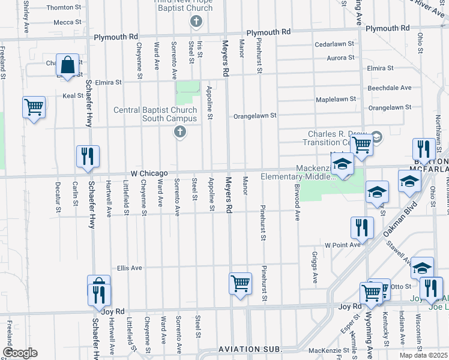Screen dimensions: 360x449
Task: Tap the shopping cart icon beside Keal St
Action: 34,107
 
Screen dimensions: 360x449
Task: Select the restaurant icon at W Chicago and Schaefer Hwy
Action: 88,156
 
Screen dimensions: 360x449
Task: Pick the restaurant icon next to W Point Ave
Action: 363,227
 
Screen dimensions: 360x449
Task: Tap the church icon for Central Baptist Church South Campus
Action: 179,131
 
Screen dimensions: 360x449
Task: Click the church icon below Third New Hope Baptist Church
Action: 195,22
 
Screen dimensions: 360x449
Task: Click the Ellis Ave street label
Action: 129,268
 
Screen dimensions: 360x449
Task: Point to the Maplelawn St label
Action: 336,98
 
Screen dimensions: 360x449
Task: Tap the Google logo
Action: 19,353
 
